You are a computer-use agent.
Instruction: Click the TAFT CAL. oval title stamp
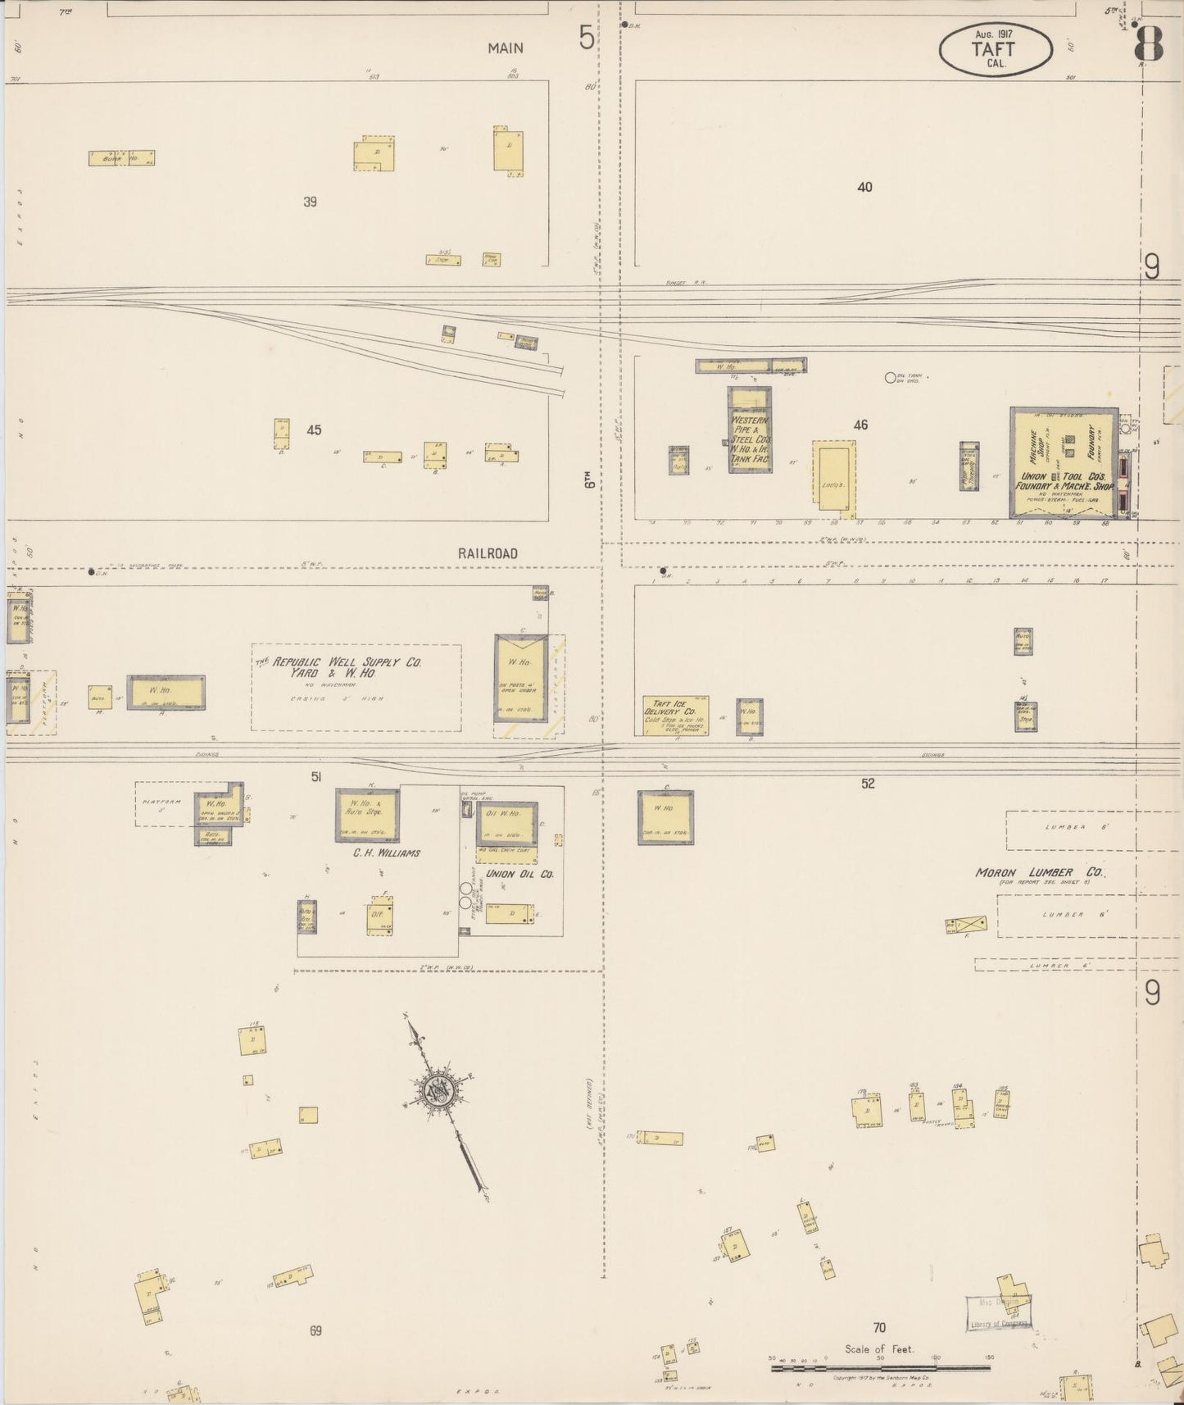(x=996, y=49)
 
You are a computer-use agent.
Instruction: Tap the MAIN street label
(x=505, y=48)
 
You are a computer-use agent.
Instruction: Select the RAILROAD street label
(x=488, y=553)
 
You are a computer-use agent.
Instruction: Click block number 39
(x=310, y=202)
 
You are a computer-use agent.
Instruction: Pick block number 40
(x=864, y=187)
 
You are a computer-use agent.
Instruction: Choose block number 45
(x=314, y=430)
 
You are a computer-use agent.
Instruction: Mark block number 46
(x=860, y=425)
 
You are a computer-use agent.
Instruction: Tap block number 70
(x=879, y=1327)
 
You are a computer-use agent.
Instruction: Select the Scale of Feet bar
(x=880, y=1368)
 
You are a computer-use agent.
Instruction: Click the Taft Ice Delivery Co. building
(x=676, y=716)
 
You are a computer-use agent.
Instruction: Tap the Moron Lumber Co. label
(x=1040, y=872)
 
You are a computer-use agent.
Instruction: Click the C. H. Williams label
(x=387, y=853)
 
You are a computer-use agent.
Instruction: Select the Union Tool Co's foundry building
(x=1063, y=463)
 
